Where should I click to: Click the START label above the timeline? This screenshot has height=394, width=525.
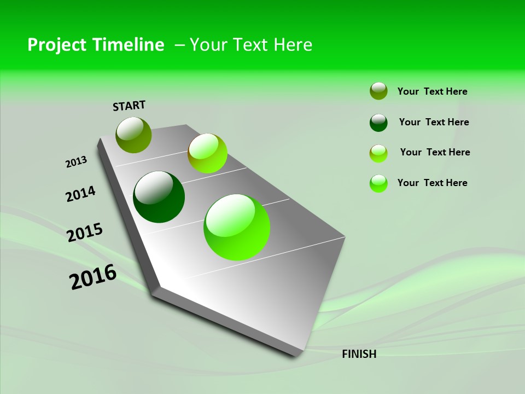pyautogui.click(x=129, y=106)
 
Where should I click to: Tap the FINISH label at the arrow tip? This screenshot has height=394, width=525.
pyautogui.click(x=359, y=354)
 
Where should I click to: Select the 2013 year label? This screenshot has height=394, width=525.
pyautogui.click(x=76, y=162)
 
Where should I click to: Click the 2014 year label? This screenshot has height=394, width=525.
pyautogui.click(x=80, y=194)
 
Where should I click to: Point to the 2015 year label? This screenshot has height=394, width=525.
pyautogui.click(x=85, y=232)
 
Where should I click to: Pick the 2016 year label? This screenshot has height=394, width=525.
pyautogui.click(x=93, y=277)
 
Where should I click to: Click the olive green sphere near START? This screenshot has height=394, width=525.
pyautogui.click(x=133, y=135)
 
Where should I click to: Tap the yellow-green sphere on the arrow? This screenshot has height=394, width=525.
pyautogui.click(x=207, y=153)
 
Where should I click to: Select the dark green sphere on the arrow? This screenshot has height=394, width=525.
pyautogui.click(x=159, y=197)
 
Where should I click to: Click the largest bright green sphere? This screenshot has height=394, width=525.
pyautogui.click(x=237, y=227)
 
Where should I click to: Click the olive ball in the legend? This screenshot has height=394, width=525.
pyautogui.click(x=378, y=91)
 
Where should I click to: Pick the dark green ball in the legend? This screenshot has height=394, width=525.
pyautogui.click(x=378, y=123)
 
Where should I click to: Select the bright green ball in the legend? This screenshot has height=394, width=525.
pyautogui.click(x=378, y=183)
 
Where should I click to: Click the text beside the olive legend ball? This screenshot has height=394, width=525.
pyautogui.click(x=432, y=91)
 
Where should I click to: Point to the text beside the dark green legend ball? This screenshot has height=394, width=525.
pyautogui.click(x=434, y=122)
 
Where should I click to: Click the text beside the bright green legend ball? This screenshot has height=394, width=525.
pyautogui.click(x=432, y=183)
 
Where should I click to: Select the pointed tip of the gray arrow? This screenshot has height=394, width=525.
pyautogui.click(x=299, y=355)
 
